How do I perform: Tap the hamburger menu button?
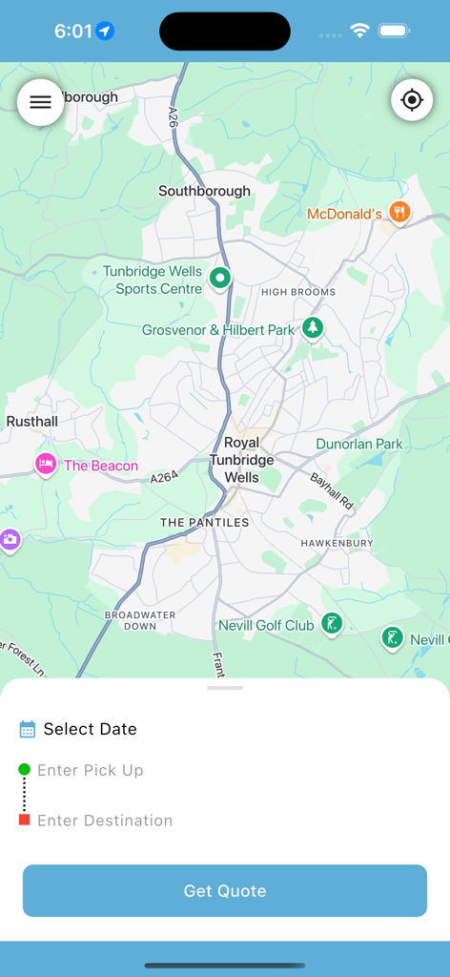click(40, 102)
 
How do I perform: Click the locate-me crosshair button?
click(412, 100)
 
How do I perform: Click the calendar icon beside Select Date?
click(28, 729)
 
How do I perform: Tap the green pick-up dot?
click(25, 770)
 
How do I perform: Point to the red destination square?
click(25, 820)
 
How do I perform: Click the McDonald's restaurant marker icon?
click(400, 213)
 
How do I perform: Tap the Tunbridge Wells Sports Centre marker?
click(220, 279)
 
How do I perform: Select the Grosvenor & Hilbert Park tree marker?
click(313, 328)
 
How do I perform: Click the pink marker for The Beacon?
click(46, 465)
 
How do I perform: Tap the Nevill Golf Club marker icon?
click(331, 624)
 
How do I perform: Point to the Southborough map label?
click(204, 191)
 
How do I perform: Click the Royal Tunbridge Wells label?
click(241, 460)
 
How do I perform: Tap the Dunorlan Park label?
click(359, 444)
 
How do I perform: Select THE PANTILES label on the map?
click(204, 522)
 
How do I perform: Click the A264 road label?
click(164, 476)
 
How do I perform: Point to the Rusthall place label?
click(32, 421)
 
